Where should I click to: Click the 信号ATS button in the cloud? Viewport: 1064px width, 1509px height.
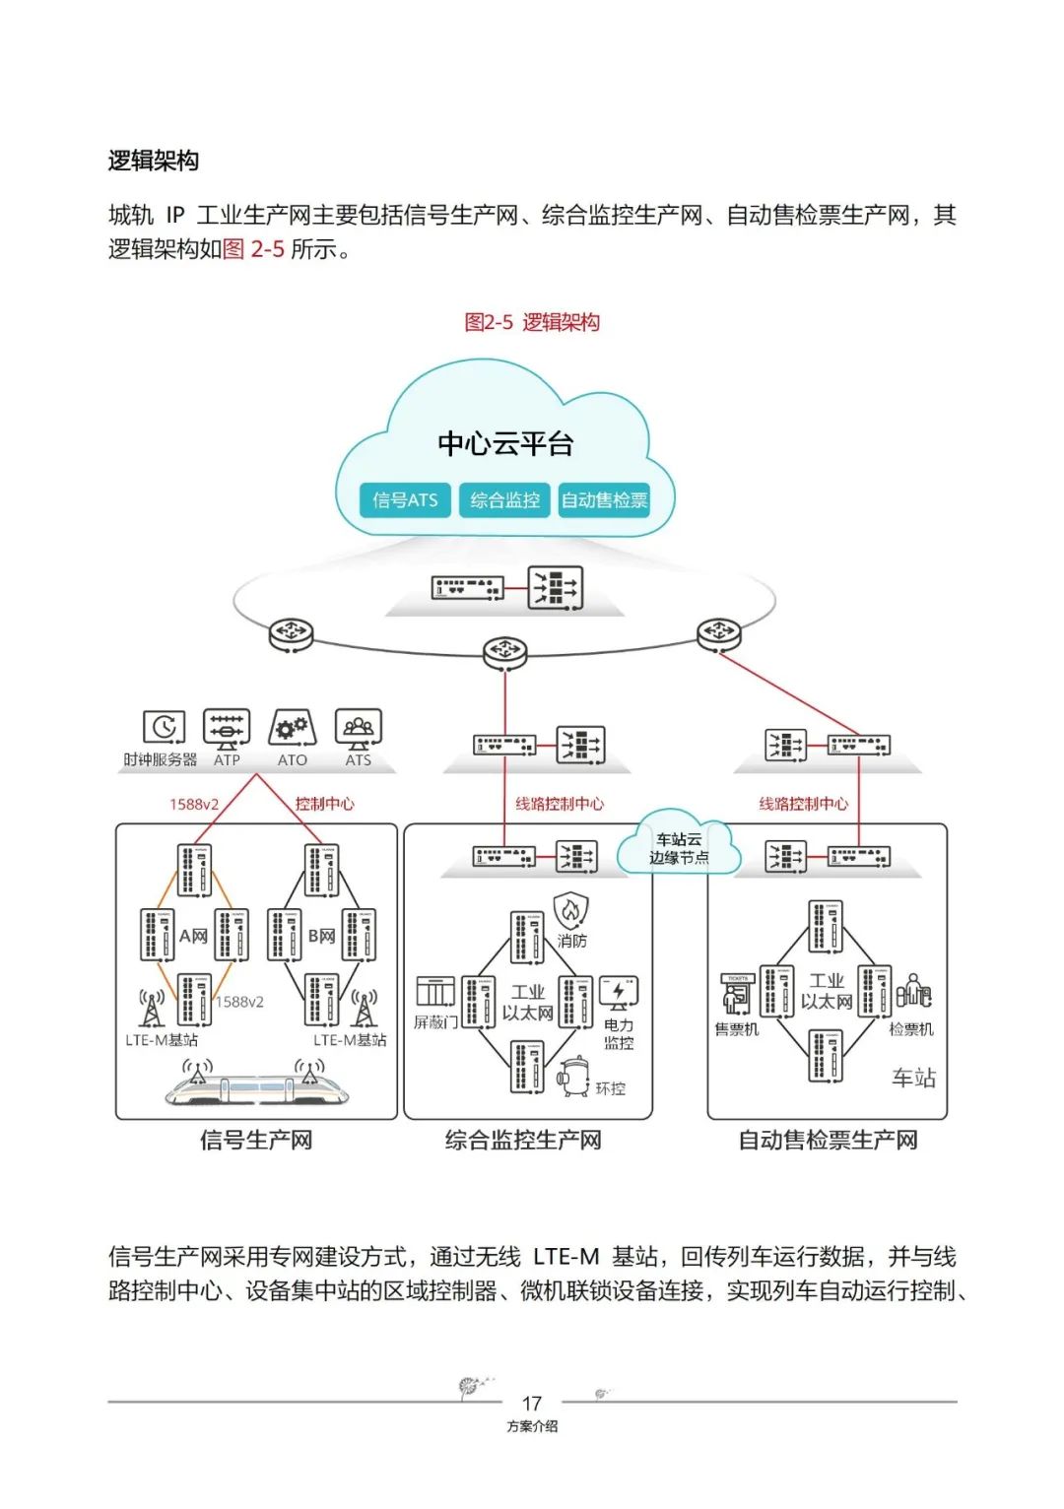coord(405,500)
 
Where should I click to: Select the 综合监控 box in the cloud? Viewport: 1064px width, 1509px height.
coord(504,500)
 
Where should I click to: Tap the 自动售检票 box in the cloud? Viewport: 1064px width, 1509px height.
coord(604,500)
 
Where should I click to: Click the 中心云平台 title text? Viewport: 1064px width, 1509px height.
coord(505,444)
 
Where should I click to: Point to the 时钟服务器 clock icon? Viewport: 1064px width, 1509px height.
coord(164,728)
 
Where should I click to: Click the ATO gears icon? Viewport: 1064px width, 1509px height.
coord(292,728)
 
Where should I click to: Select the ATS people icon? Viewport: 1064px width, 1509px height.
coord(358,728)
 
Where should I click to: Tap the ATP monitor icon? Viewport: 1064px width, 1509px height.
coord(227,728)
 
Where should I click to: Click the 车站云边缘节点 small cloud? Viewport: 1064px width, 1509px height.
coord(678,848)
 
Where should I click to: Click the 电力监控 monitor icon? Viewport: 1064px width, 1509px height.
coord(618,992)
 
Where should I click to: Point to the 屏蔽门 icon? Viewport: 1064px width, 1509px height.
coord(435,992)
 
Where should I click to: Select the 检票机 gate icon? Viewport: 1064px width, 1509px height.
coord(912,992)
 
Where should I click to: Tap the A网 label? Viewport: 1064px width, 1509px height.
coord(193,936)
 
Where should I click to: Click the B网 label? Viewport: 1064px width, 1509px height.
coord(321,936)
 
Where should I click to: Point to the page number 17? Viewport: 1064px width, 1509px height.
coord(532,1404)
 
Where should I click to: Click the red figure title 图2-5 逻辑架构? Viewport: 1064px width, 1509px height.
coord(532,322)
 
